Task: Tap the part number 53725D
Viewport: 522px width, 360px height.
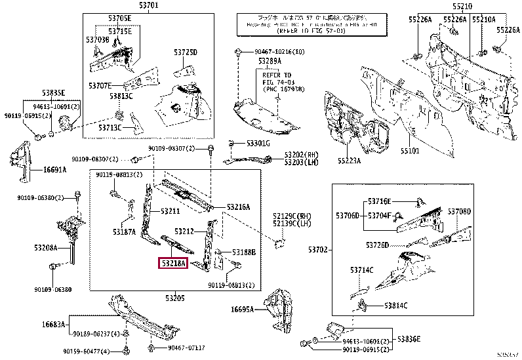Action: tap(186, 52)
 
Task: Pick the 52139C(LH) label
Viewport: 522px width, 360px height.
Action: tap(294, 224)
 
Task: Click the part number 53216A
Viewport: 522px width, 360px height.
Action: tap(239, 207)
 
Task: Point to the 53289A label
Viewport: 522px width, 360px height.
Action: tap(270, 61)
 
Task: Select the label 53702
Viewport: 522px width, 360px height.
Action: tap(317, 250)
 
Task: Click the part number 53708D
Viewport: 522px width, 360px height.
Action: tap(459, 212)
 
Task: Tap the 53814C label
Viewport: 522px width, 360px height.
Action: tap(396, 306)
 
